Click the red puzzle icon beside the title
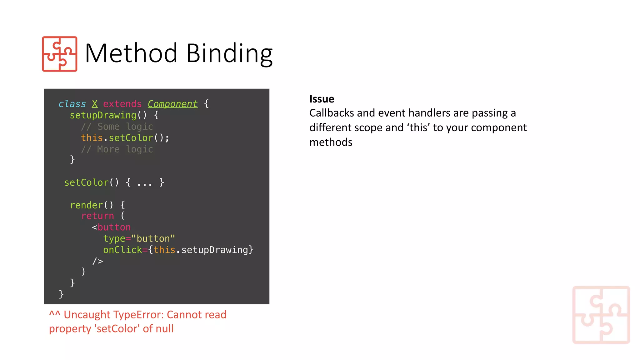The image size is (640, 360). [60, 54]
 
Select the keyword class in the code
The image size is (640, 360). [72, 104]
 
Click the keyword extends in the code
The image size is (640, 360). [122, 104]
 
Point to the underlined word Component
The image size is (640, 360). [172, 104]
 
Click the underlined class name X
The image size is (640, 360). [95, 104]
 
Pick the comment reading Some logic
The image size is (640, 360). [117, 127]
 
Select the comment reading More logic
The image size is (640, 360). [117, 149]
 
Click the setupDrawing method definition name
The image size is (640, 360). [103, 115]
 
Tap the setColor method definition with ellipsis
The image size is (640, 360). [114, 182]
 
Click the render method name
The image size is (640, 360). [86, 205]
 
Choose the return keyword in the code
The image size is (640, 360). [97, 216]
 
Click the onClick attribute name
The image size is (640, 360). [122, 250]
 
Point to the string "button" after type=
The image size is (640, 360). [153, 239]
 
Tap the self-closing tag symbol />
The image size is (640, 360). [97, 261]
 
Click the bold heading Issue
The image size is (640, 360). [322, 99]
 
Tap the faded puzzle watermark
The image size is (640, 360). [601, 315]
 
